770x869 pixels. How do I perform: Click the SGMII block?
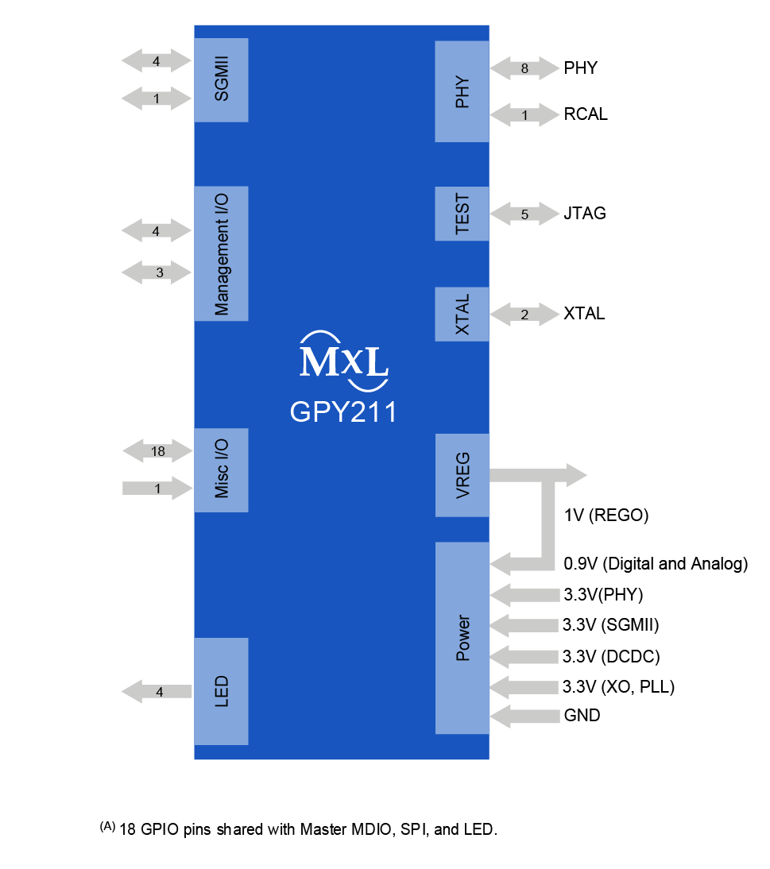(x=221, y=80)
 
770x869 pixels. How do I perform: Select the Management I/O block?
(x=221, y=253)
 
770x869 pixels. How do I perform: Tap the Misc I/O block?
(x=221, y=469)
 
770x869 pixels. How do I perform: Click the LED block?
(x=221, y=691)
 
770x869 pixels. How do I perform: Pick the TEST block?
(x=462, y=214)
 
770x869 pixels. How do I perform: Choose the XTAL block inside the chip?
(x=462, y=315)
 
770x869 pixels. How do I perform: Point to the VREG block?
(x=462, y=475)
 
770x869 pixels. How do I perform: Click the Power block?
(x=462, y=639)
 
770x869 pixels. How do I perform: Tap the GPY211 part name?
(x=343, y=412)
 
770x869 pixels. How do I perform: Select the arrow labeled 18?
(x=157, y=451)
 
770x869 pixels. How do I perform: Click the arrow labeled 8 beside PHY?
(x=524, y=68)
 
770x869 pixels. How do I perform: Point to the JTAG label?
(x=585, y=214)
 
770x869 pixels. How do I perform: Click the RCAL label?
(x=586, y=114)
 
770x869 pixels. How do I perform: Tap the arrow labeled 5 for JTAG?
(x=524, y=214)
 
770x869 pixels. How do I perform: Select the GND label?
(x=582, y=716)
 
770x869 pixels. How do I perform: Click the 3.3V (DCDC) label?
(x=610, y=657)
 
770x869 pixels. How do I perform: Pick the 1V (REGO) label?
(x=606, y=516)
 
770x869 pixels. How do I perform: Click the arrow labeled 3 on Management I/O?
(x=157, y=272)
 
